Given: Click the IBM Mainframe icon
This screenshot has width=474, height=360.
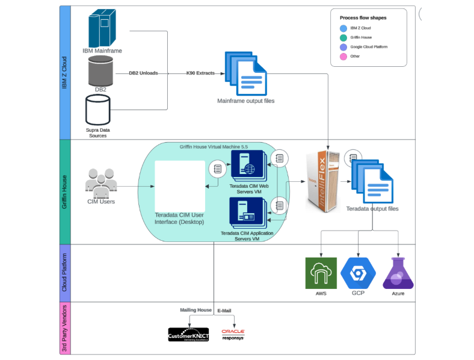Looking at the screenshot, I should pyautogui.click(x=102, y=28).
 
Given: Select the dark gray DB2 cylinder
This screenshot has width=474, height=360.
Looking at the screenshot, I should pyautogui.click(x=100, y=72).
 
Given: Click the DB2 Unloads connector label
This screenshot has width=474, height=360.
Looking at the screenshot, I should pyautogui.click(x=143, y=73).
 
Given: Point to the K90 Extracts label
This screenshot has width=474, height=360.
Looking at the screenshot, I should pyautogui.click(x=200, y=73).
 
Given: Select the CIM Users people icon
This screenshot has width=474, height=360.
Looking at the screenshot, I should pyautogui.click(x=100, y=181).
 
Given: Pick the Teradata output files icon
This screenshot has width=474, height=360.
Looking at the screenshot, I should pyautogui.click(x=372, y=181).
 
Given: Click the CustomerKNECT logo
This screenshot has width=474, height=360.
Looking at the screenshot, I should pyautogui.click(x=188, y=334).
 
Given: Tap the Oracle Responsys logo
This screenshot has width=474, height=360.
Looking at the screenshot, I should pyautogui.click(x=233, y=334).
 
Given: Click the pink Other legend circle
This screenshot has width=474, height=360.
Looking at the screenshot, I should pyautogui.click(x=343, y=57).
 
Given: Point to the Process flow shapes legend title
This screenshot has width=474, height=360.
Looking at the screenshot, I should pyautogui.click(x=363, y=18).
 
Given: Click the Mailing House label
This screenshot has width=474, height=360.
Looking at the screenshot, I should pyautogui.click(x=195, y=310).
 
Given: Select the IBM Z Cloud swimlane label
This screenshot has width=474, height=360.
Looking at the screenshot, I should pyautogui.click(x=65, y=73).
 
